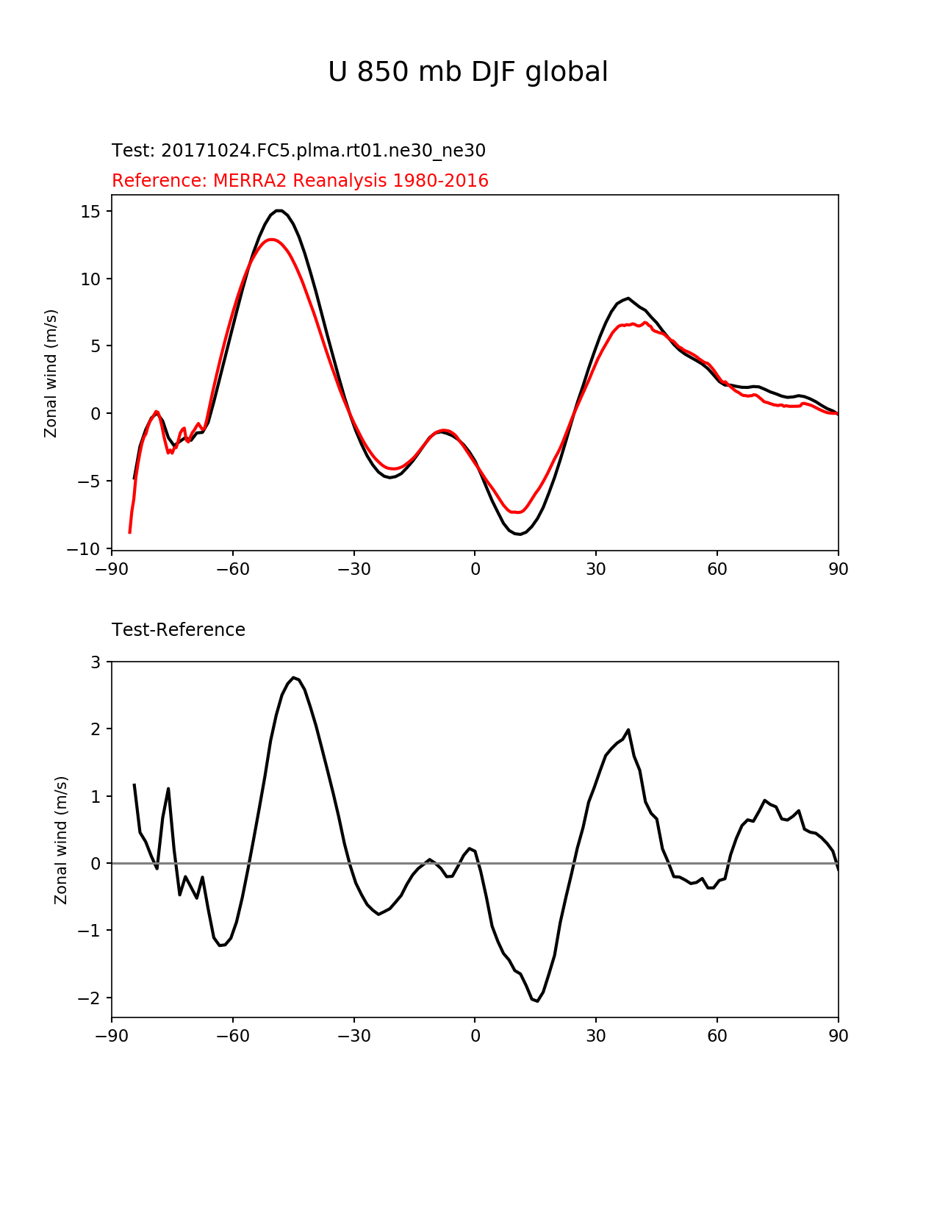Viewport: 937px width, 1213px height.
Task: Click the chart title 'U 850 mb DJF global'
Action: (x=467, y=72)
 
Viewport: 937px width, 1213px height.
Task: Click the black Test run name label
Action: (x=298, y=151)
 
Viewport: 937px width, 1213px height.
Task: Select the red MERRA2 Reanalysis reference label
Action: (x=300, y=181)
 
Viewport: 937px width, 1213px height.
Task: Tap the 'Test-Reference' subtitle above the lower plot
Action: (x=179, y=630)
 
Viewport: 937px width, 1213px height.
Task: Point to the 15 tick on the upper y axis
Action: (x=92, y=212)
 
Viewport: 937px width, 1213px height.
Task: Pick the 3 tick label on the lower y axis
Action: (x=96, y=662)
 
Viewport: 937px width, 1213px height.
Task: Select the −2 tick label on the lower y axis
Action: (x=91, y=998)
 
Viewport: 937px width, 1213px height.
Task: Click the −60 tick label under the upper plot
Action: (x=233, y=569)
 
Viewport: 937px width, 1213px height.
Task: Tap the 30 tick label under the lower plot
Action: (x=596, y=1037)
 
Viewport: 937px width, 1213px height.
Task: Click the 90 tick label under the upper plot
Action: (x=839, y=569)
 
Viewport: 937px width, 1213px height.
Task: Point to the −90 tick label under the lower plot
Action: (x=112, y=1037)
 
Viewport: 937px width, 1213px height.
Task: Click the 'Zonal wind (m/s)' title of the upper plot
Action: (x=51, y=373)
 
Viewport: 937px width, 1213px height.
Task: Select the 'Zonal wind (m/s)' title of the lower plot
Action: (x=61, y=840)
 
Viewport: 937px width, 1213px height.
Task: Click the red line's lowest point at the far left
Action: (x=129, y=532)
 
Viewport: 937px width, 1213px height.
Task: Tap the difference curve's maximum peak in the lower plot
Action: (x=293, y=678)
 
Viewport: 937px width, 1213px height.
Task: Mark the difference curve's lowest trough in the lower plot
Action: (x=537, y=1001)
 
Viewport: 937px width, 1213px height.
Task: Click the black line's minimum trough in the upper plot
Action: (x=519, y=534)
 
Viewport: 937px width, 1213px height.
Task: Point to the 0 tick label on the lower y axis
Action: (x=96, y=863)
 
